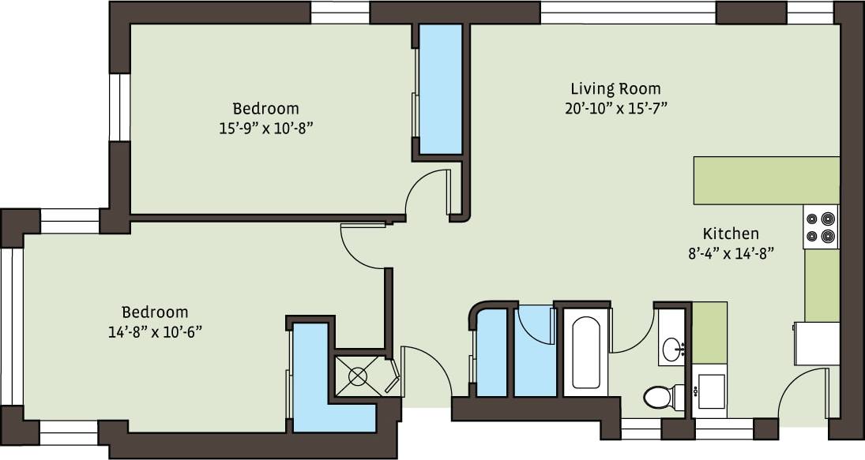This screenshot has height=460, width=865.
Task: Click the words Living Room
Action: (617, 88)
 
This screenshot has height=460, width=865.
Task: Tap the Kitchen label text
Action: (731, 234)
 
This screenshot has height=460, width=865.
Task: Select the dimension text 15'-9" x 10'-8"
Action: (265, 127)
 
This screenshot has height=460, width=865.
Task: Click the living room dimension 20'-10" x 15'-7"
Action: (617, 109)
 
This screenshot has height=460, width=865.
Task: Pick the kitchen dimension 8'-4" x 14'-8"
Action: (731, 253)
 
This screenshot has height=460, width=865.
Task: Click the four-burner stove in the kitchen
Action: (821, 226)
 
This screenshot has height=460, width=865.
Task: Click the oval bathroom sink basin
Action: (673, 347)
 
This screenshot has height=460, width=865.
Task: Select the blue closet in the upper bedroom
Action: (439, 88)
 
